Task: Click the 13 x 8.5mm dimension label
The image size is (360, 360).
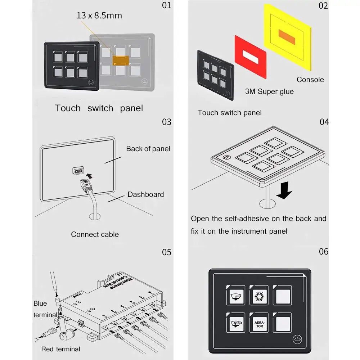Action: [x=99, y=15]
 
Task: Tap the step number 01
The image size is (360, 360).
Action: [x=167, y=6]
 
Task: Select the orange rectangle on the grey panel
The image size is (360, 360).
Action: [x=120, y=60]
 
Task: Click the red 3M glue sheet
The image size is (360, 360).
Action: [x=250, y=56]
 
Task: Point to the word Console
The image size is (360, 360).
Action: [x=310, y=80]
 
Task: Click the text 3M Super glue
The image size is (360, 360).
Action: [x=269, y=91]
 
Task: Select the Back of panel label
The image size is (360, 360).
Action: [x=148, y=149]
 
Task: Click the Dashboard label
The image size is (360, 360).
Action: [x=145, y=194]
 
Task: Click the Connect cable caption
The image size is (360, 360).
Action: [x=95, y=234]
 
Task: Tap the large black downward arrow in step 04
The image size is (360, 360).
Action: [x=284, y=190]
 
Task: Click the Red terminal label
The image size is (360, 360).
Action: [x=60, y=349]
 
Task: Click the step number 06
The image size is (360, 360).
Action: [x=323, y=251]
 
